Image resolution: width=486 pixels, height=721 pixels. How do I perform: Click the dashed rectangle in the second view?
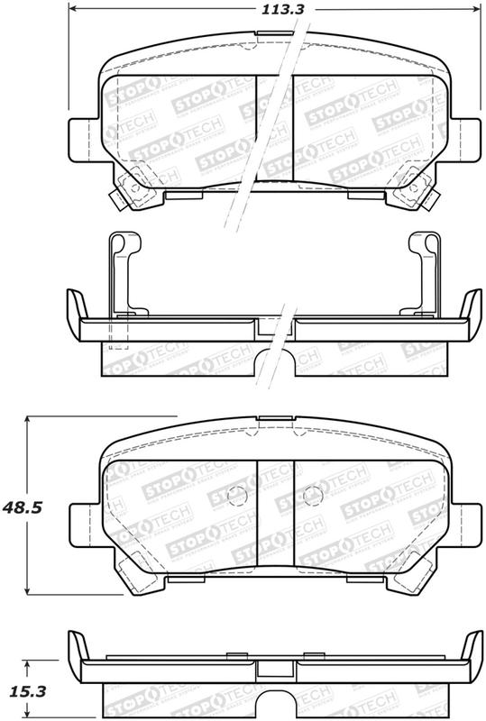[x=119, y=333]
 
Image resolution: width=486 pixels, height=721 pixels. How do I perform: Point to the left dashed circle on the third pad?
[x=235, y=495]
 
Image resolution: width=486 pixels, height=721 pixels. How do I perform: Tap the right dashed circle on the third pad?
[x=312, y=495]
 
